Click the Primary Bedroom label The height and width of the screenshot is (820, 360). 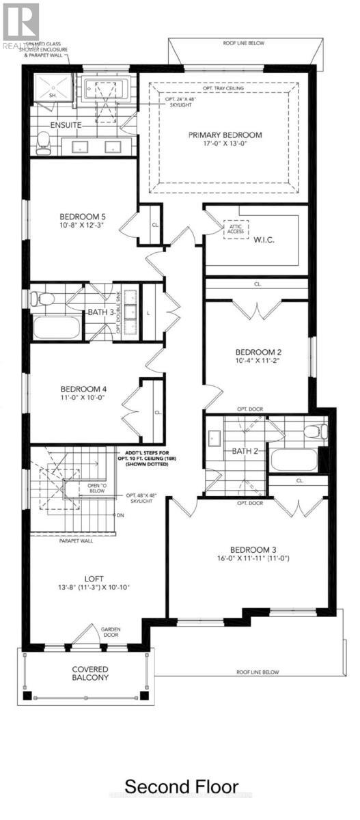(x=225, y=135)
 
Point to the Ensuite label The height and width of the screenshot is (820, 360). (x=66, y=126)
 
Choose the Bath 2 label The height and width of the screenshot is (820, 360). (x=243, y=451)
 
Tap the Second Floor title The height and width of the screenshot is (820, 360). (x=181, y=786)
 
